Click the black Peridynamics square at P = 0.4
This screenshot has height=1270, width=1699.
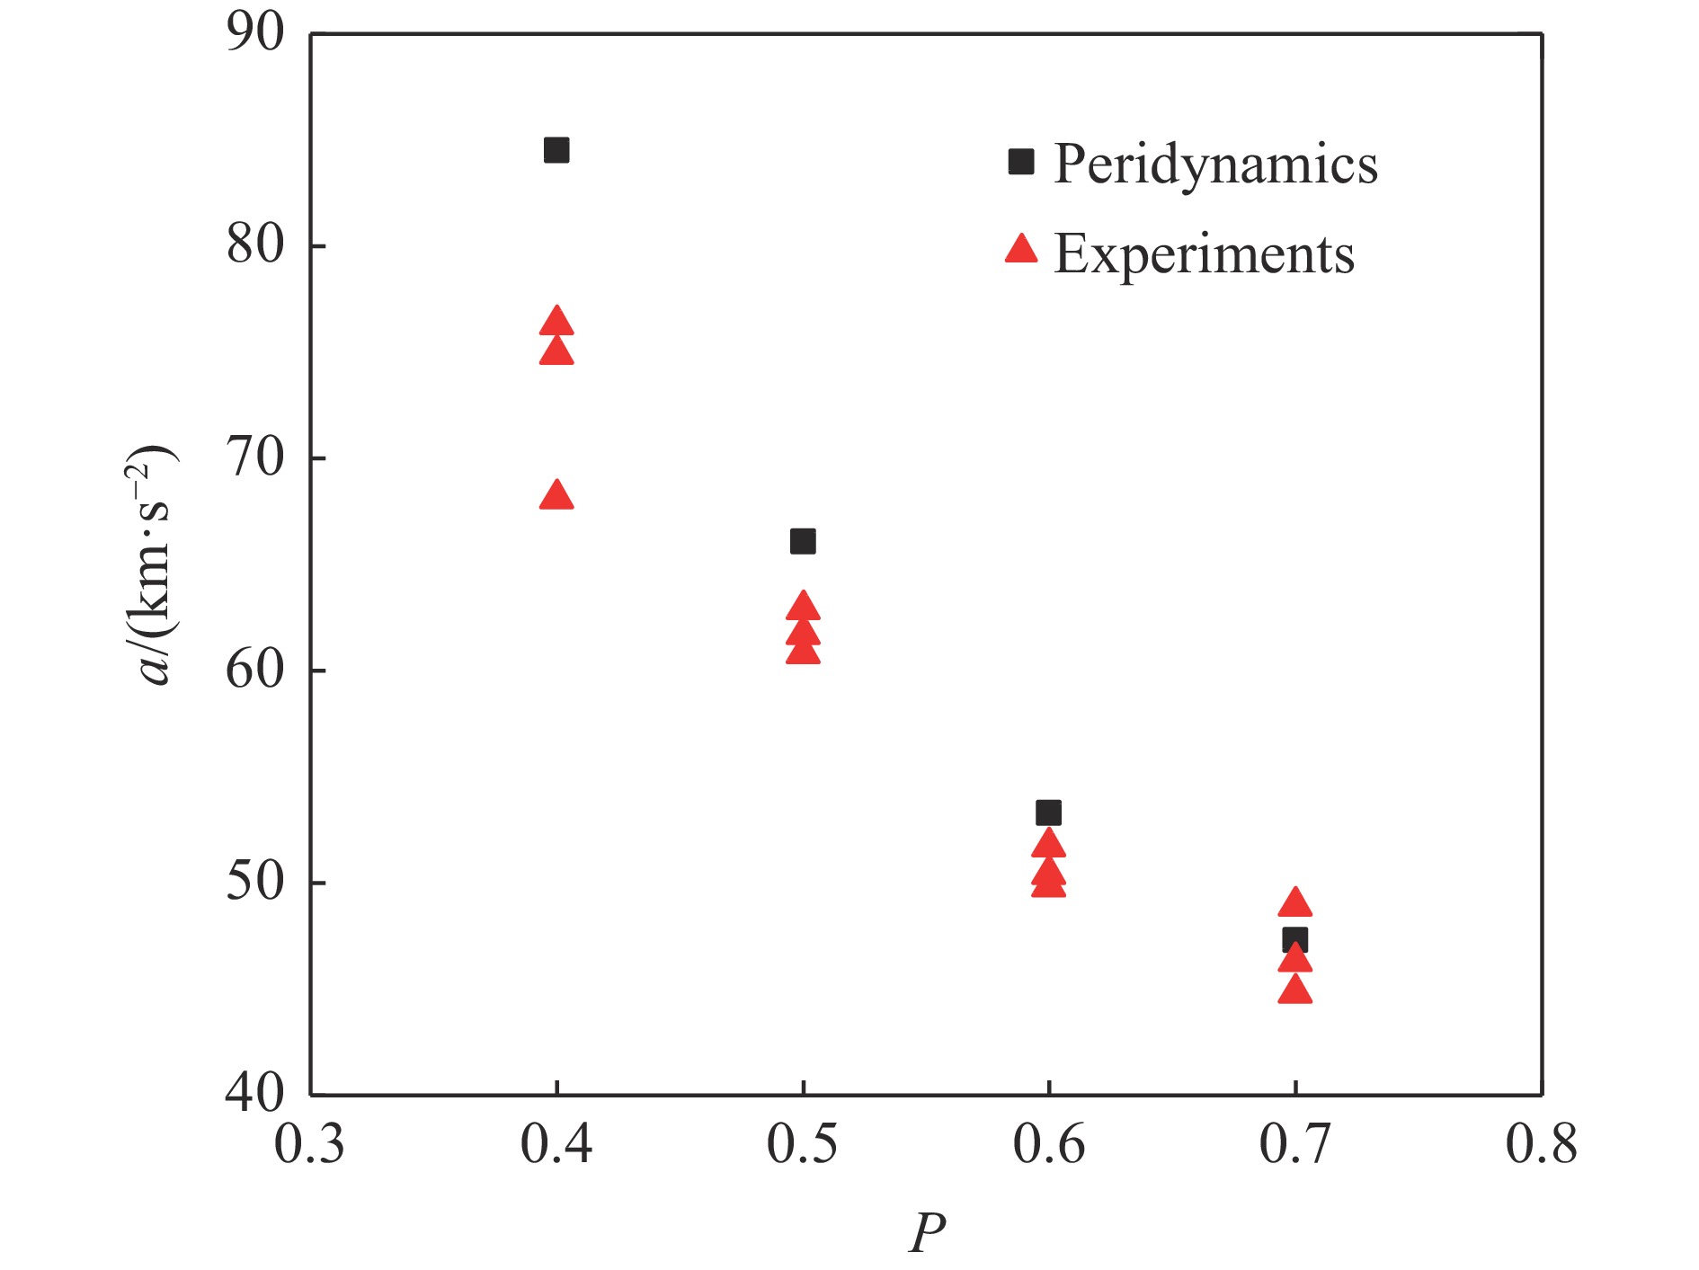click(x=556, y=150)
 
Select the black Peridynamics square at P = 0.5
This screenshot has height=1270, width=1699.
click(x=803, y=541)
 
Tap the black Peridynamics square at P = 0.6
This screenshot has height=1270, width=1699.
click(x=1048, y=813)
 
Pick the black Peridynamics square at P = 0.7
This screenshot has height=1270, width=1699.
click(x=1294, y=940)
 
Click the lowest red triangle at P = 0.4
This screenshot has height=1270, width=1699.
click(x=556, y=496)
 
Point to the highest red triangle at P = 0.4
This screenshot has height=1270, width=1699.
click(x=556, y=322)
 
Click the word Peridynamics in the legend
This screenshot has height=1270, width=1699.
click(x=1215, y=164)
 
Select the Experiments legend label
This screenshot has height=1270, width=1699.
click(x=1204, y=254)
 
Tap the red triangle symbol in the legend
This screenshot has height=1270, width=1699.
click(x=1021, y=249)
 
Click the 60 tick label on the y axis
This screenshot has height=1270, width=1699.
click(x=254, y=670)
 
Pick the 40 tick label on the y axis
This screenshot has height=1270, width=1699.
click(x=254, y=1093)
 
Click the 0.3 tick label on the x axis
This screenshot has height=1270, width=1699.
click(x=309, y=1145)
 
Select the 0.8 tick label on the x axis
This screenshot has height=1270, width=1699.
click(x=1541, y=1145)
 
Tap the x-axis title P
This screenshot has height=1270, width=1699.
click(x=927, y=1232)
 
